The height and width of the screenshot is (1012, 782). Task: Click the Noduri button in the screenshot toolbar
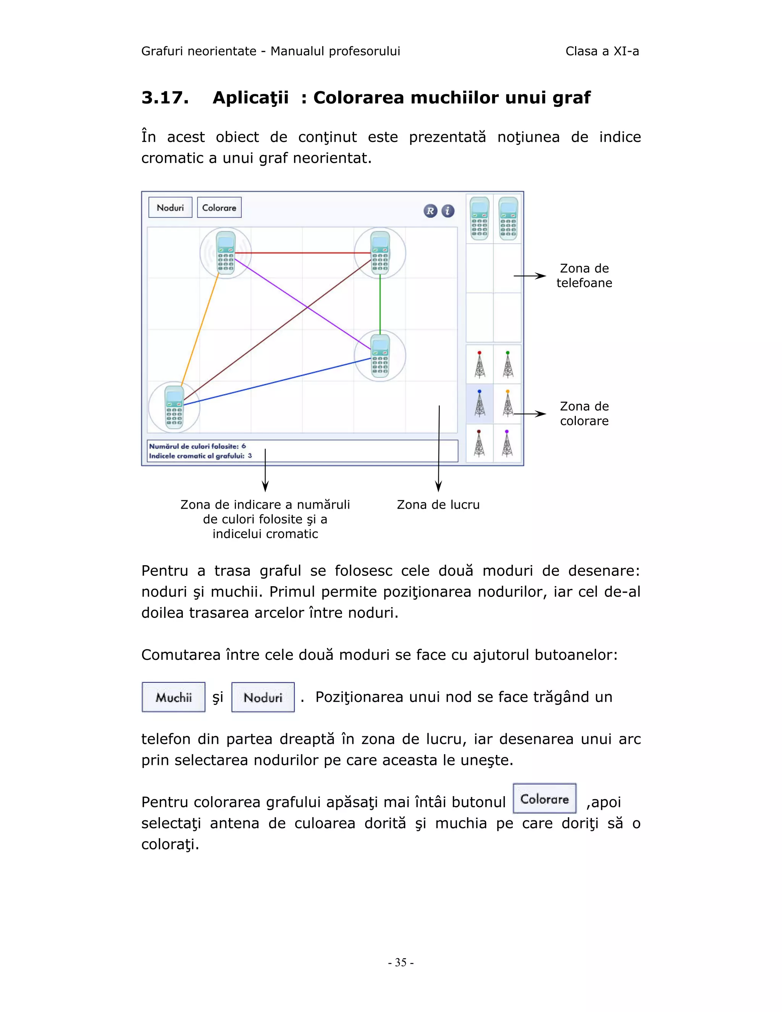coord(170,208)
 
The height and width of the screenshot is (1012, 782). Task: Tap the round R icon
coord(430,211)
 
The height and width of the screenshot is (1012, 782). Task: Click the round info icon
coord(448,211)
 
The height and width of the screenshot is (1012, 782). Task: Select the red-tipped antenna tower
coord(480,365)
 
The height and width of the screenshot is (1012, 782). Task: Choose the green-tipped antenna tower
coord(508,365)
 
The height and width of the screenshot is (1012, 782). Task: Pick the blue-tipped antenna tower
coord(480,404)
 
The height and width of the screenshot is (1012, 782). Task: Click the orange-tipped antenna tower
coord(508,404)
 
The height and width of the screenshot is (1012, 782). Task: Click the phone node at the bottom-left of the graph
coord(174,407)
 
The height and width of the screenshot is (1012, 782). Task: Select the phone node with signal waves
coord(226,253)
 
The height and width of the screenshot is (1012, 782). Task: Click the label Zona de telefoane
coord(584,276)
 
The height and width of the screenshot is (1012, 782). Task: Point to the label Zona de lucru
coord(438,504)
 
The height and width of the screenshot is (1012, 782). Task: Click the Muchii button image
coord(174,697)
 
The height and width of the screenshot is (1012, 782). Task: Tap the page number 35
coord(401,962)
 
